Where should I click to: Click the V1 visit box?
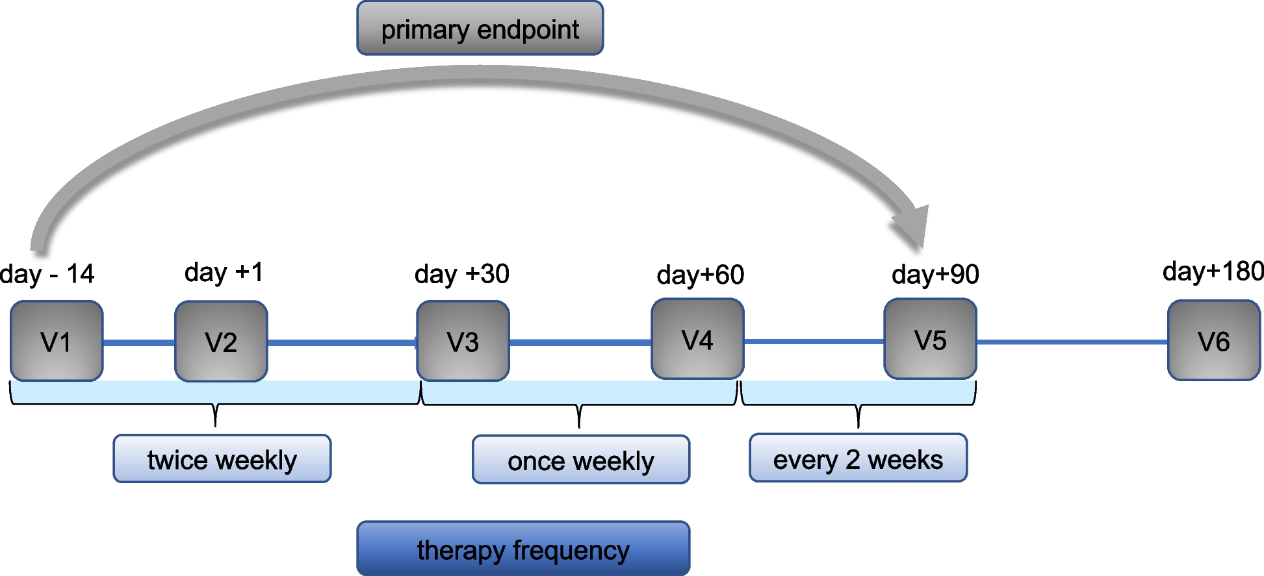pyautogui.click(x=57, y=341)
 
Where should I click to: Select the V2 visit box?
pyautogui.click(x=221, y=341)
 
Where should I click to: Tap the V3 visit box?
pyautogui.click(x=463, y=341)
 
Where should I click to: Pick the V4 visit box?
pyautogui.click(x=697, y=339)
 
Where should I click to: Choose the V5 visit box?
pyautogui.click(x=930, y=339)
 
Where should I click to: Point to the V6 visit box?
pyautogui.click(x=1213, y=340)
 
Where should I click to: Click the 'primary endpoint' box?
pyautogui.click(x=480, y=29)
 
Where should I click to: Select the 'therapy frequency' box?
pyautogui.click(x=523, y=549)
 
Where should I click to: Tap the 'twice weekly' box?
pyautogui.click(x=222, y=459)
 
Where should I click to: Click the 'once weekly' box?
pyautogui.click(x=580, y=460)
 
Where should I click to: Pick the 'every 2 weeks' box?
pyautogui.click(x=858, y=458)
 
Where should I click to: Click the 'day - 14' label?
pyautogui.click(x=47, y=274)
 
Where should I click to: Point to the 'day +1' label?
pyautogui.click(x=224, y=272)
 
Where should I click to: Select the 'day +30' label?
pyautogui.click(x=461, y=274)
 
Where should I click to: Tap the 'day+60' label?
pyautogui.click(x=700, y=275)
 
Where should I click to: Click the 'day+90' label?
pyautogui.click(x=935, y=274)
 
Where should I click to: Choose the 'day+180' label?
pyautogui.click(x=1213, y=271)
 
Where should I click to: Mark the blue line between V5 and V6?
pyautogui.click(x=1072, y=342)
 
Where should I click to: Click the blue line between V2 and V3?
pyautogui.click(x=341, y=342)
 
